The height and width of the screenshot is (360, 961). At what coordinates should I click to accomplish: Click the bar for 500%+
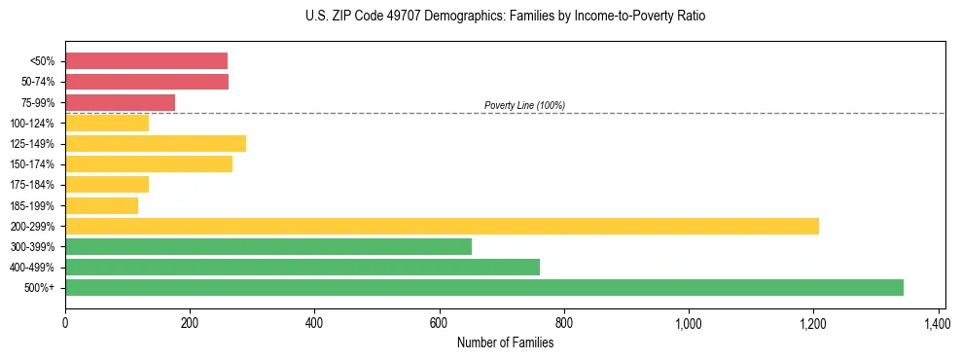click(x=483, y=287)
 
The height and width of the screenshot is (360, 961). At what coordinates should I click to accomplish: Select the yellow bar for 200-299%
click(x=442, y=226)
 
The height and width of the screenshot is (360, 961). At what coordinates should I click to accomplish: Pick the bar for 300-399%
click(x=267, y=246)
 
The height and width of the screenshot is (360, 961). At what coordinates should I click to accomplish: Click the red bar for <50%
click(x=146, y=61)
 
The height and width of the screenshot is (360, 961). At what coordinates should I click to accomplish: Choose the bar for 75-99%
click(x=120, y=102)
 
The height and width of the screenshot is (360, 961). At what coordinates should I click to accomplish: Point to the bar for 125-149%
click(x=156, y=143)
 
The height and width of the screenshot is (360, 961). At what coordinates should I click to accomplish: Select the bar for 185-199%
click(x=101, y=205)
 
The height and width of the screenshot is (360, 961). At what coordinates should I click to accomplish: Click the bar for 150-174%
click(x=149, y=163)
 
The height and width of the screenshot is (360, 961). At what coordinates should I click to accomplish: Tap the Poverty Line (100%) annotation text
click(x=524, y=105)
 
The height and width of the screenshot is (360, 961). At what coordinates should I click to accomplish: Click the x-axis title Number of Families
click(x=505, y=342)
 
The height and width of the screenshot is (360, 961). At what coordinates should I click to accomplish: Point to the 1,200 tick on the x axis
click(x=813, y=321)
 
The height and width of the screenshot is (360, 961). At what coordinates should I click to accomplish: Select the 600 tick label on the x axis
click(x=439, y=321)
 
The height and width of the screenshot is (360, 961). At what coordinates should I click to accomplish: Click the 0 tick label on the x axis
click(x=65, y=321)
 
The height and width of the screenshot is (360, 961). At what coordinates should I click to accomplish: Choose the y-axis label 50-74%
click(x=39, y=82)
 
